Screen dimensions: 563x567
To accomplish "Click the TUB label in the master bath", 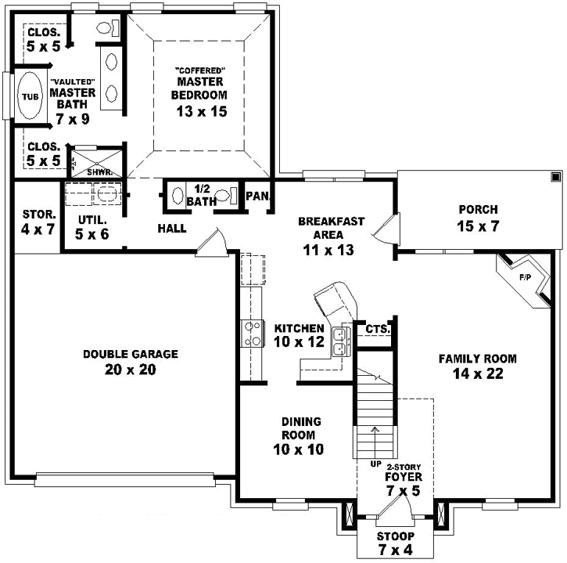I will pos(29,97).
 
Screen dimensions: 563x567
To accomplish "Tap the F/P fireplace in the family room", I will pos(525,278).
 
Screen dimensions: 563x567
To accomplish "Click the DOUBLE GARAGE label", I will pos(131,354).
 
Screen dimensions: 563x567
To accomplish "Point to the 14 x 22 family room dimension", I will pos(477,374).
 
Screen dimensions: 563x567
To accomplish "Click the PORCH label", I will pos(478,209).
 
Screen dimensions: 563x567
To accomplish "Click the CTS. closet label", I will pos(377,330).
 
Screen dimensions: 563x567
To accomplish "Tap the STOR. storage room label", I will pos(37,214).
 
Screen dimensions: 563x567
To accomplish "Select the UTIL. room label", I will pos(92,220).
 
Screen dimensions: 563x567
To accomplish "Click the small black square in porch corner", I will pos(554,176).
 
